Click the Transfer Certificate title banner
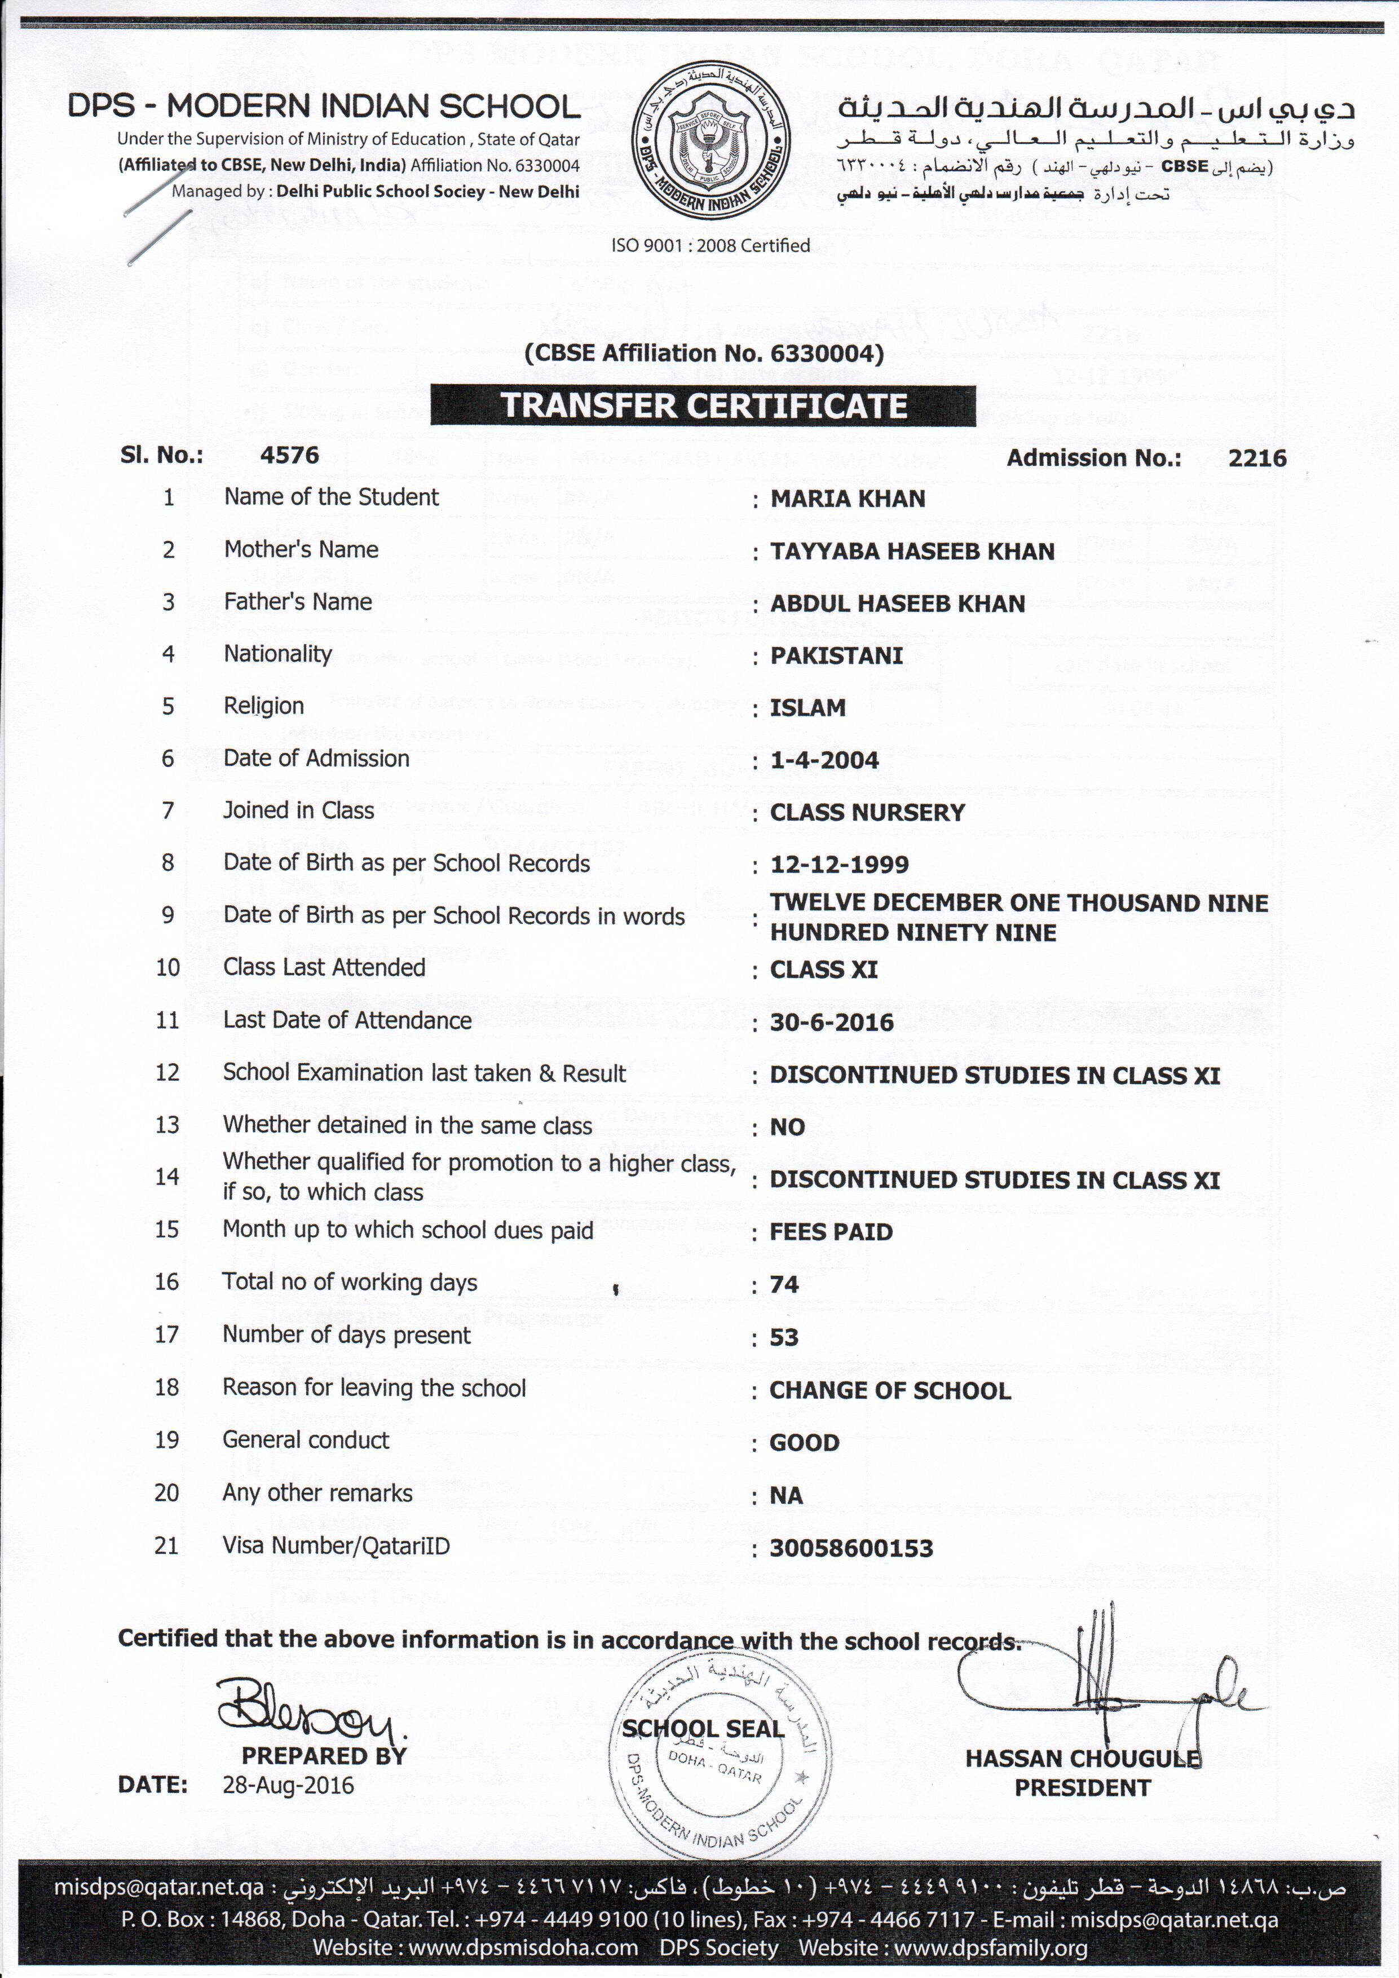tap(703, 406)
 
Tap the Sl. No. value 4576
tap(289, 456)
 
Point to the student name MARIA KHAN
tap(847, 499)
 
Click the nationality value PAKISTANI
tap(836, 655)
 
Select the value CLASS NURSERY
tap(867, 812)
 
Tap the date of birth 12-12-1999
tap(839, 865)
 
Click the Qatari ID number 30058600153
tap(850, 1548)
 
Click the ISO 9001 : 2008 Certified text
tap(710, 245)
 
